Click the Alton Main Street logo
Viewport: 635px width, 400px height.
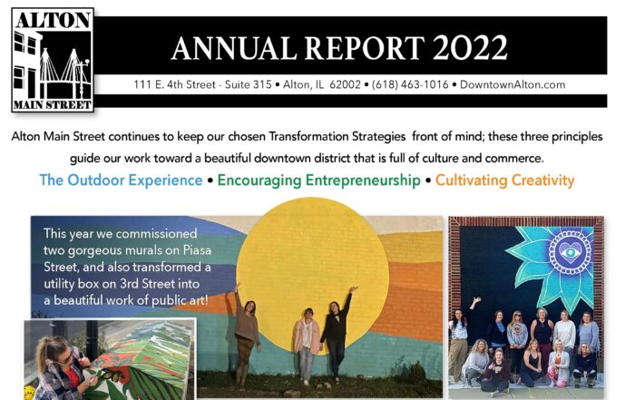pos(53,60)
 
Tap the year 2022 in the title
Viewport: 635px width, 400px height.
pos(470,48)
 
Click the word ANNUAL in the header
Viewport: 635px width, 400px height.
pos(234,48)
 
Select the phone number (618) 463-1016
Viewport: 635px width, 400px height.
pos(410,84)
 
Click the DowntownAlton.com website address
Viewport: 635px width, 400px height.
pos(513,84)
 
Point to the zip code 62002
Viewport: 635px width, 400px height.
pos(345,84)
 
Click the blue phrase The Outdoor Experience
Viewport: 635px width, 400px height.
pos(121,180)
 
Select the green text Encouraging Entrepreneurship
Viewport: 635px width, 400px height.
pos(318,180)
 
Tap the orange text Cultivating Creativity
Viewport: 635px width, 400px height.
pos(504,180)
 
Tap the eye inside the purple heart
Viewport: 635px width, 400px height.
pos(571,253)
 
